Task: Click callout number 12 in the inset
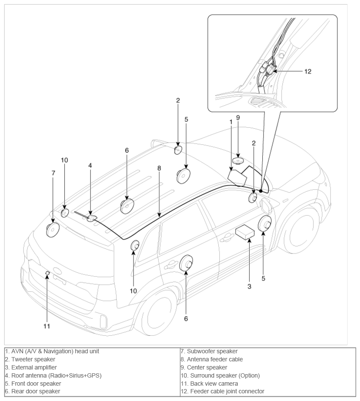tap(308, 71)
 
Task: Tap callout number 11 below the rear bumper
tap(46, 326)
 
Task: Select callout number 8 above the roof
tap(159, 168)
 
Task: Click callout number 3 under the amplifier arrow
tap(250, 286)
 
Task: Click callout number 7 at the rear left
tap(53, 173)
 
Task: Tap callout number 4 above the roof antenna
tap(90, 165)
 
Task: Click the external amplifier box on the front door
tap(245, 232)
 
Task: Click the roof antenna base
tap(92, 219)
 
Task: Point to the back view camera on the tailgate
tap(47, 273)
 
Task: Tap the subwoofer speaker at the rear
tap(53, 230)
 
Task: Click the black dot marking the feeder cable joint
tap(261, 191)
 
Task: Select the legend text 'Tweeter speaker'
tap(33, 359)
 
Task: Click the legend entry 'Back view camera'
tap(214, 384)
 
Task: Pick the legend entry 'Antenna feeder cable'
tap(215, 359)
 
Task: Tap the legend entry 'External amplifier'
tap(34, 367)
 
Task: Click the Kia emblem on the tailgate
tap(58, 271)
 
